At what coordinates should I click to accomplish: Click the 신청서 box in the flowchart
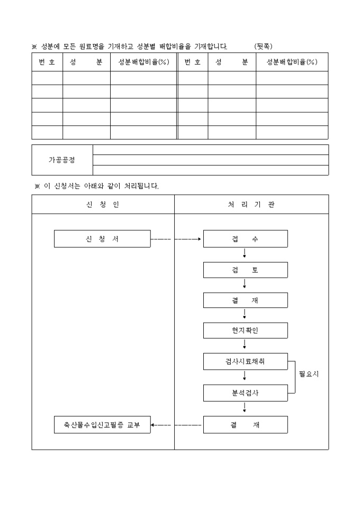pos(102,239)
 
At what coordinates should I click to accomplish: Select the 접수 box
pos(245,239)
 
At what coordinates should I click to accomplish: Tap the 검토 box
pos(245,270)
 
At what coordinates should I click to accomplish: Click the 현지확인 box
pos(245,331)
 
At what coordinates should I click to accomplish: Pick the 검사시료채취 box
pos(245,362)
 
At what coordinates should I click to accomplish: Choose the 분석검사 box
pos(245,393)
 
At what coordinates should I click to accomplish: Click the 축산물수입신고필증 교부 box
pos(102,425)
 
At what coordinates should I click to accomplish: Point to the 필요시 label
pos(309,374)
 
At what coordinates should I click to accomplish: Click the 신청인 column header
pos(103,204)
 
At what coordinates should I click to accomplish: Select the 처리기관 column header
pos(251,204)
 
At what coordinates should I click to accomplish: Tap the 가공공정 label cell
pos(62,160)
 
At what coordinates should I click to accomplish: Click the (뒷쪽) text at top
pos(263,47)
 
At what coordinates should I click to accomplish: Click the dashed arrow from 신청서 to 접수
pos(176,239)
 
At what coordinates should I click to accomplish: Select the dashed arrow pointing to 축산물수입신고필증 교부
pos(176,425)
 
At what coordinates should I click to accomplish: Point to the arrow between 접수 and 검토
pos(245,253)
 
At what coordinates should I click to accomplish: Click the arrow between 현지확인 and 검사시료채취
pos(245,345)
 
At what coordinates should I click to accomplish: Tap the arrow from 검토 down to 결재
pos(245,284)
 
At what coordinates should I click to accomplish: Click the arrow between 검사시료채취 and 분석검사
pos(245,377)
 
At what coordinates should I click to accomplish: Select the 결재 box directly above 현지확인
pos(245,301)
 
